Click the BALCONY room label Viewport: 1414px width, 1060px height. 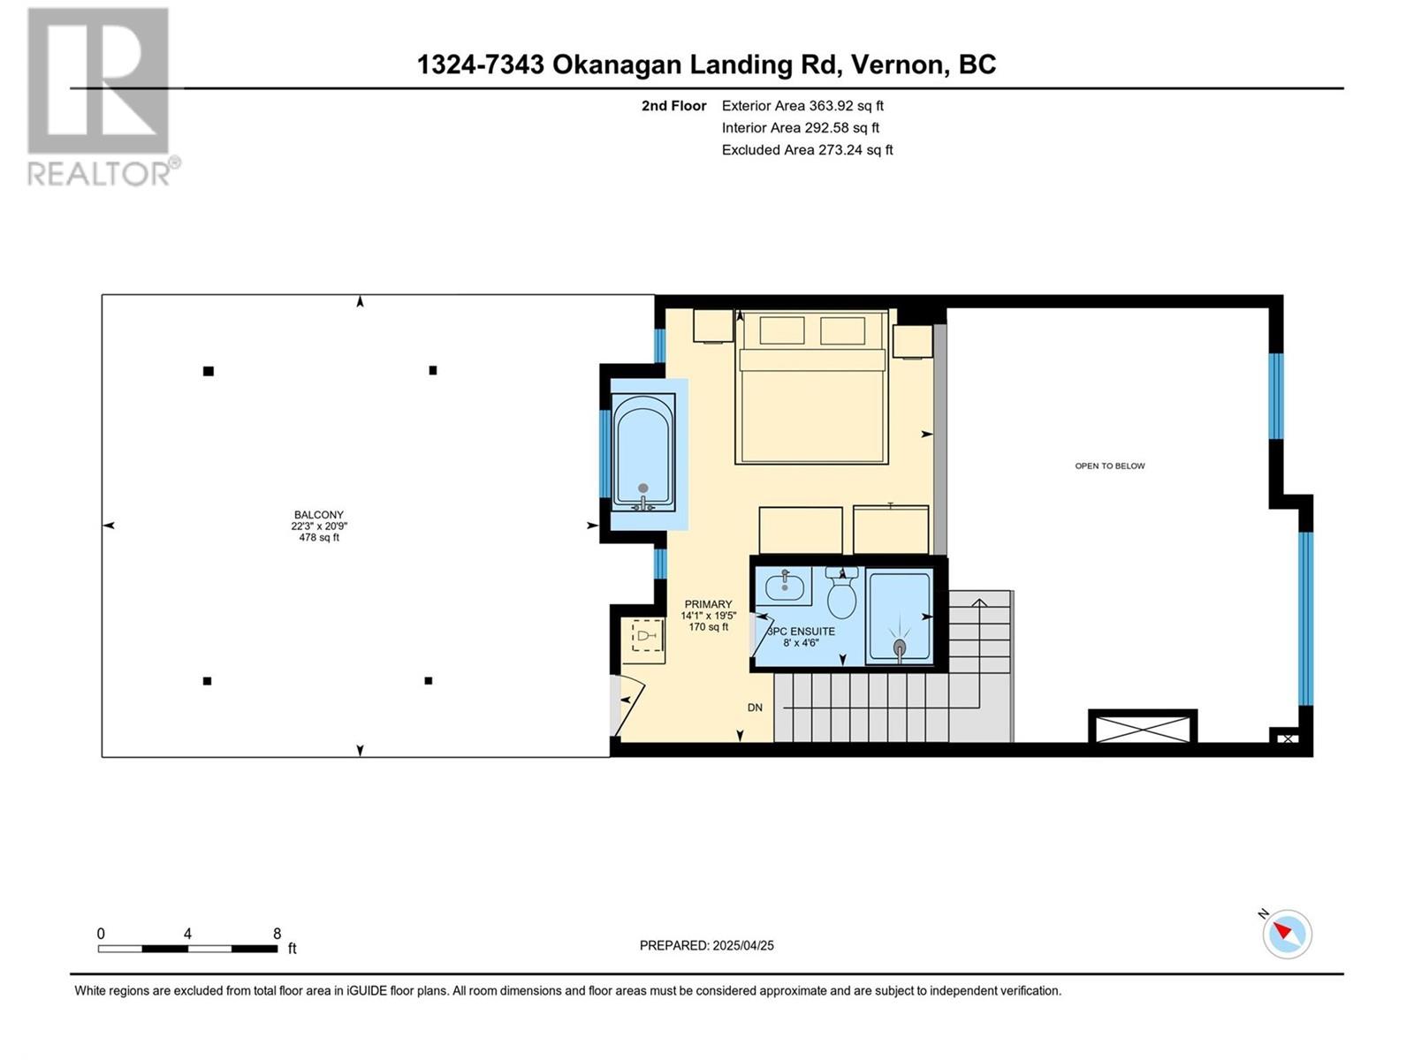point(319,515)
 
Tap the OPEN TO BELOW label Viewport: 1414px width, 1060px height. point(1109,466)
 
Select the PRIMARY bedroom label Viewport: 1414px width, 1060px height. point(708,604)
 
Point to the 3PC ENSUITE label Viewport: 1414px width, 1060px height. point(801,632)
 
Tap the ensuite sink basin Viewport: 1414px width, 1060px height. point(784,586)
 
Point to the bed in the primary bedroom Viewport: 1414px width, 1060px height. point(811,386)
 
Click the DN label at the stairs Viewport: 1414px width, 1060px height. point(755,708)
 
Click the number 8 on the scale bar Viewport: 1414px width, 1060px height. point(277,934)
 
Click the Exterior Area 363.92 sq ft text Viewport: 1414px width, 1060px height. point(802,105)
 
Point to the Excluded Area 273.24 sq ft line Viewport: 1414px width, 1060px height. point(807,150)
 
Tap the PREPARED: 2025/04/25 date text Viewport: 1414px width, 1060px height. point(707,945)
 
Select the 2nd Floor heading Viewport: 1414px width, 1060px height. point(673,105)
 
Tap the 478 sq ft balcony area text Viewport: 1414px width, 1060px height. point(319,537)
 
